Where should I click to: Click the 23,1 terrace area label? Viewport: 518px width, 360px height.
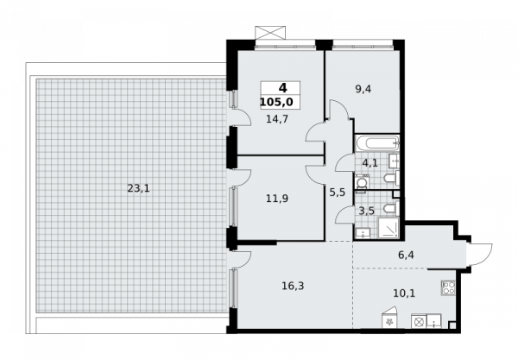click(138, 188)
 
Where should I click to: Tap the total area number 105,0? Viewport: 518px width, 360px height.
click(276, 102)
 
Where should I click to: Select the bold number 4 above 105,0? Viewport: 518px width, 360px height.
click(283, 88)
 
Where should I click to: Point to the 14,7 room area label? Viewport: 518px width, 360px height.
click(277, 119)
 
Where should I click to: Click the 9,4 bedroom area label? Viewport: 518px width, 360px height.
click(363, 89)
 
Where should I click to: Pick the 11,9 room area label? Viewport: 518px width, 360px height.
click(277, 199)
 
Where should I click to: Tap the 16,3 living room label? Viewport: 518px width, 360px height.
click(293, 286)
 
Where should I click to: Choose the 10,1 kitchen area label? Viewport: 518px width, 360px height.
click(404, 293)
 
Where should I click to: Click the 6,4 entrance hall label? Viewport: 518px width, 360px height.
click(406, 255)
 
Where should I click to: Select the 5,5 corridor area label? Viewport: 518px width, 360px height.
click(338, 192)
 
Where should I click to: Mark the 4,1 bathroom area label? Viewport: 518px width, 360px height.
click(370, 163)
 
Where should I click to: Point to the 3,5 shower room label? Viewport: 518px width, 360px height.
click(367, 211)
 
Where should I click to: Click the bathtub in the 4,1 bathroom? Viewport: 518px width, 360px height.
click(377, 143)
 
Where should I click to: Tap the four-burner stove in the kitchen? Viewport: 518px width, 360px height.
click(449, 287)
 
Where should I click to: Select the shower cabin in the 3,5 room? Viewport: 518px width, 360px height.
click(388, 227)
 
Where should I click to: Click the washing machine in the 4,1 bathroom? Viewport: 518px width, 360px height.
click(361, 184)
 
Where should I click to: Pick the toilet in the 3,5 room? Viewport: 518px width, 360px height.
click(391, 208)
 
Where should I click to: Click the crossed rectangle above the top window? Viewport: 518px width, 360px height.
click(269, 33)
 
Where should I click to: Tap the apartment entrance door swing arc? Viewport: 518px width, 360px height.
click(483, 255)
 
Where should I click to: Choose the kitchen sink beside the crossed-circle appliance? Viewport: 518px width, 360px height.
click(433, 321)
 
